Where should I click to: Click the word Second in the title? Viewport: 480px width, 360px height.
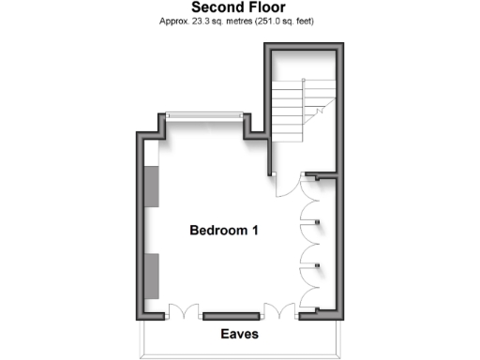(x=217, y=7)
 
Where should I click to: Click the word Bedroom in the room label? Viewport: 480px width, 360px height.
(x=218, y=230)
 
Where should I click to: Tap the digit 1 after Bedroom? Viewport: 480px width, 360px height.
(x=255, y=230)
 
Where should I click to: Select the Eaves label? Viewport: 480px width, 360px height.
(x=239, y=334)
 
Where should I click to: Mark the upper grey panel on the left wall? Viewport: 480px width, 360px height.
(x=152, y=187)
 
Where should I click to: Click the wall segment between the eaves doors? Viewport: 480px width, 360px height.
(x=231, y=315)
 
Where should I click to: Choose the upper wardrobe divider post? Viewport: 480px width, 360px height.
(x=320, y=222)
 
